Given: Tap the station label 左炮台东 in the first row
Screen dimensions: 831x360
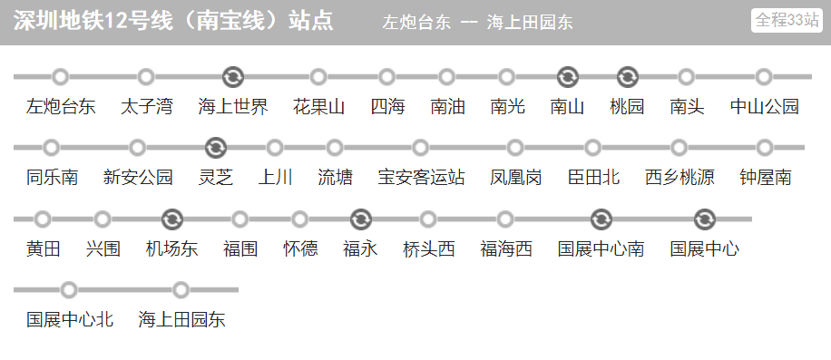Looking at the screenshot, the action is pyautogui.click(x=61, y=107).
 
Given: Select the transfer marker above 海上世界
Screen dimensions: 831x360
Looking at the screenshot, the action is pyautogui.click(x=232, y=76).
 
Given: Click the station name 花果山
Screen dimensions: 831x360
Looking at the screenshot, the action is pyautogui.click(x=318, y=107).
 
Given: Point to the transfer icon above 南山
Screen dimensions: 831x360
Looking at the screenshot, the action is pyautogui.click(x=568, y=76).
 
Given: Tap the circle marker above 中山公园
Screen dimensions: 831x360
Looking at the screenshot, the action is pyautogui.click(x=764, y=76).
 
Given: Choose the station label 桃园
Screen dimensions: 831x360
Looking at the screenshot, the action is pyautogui.click(x=627, y=107).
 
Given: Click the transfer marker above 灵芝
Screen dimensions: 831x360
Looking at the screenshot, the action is pyautogui.click(x=215, y=147).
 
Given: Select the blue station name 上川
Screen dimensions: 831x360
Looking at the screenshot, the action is pyautogui.click(x=275, y=178).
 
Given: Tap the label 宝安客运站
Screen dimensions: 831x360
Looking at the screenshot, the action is pyautogui.click(x=421, y=178).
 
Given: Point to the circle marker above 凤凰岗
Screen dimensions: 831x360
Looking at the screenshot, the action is pyautogui.click(x=515, y=147).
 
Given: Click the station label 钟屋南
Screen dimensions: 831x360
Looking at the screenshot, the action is pyautogui.click(x=765, y=178).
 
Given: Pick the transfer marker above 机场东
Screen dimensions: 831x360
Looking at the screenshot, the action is pyautogui.click(x=171, y=219).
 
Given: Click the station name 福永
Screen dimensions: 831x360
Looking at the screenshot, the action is pyautogui.click(x=360, y=249).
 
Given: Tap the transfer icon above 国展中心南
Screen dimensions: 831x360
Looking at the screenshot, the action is pyautogui.click(x=601, y=219).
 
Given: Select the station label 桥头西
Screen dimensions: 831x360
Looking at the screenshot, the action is pyautogui.click(x=428, y=249).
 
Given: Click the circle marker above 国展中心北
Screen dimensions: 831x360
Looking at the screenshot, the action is pyautogui.click(x=69, y=289).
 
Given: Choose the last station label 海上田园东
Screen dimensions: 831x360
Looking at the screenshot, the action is pyautogui.click(x=181, y=320).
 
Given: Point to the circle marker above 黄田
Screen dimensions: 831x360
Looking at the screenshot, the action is pyautogui.click(x=43, y=219).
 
